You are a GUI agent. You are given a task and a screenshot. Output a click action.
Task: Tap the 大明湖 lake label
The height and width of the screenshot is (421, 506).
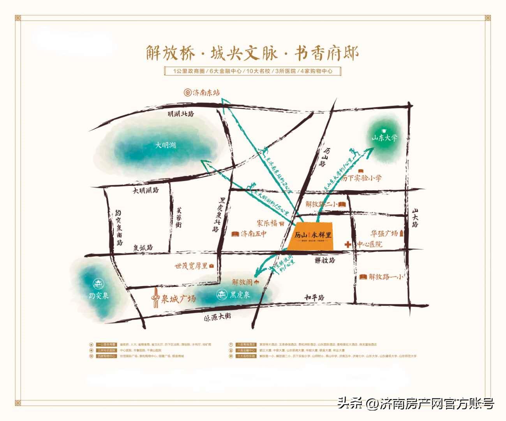(x=166, y=145)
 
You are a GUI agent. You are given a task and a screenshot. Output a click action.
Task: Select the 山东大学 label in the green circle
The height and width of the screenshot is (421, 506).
(x=384, y=138)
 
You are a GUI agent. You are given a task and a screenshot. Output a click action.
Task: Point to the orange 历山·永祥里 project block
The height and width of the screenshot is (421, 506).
(x=313, y=236)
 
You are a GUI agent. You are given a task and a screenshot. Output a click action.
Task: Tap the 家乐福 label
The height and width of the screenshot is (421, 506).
(x=267, y=223)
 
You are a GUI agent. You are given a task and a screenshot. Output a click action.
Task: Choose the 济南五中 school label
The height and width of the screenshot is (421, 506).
(x=253, y=234)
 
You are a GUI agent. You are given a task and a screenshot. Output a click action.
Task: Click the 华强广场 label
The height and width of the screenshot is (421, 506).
(x=384, y=233)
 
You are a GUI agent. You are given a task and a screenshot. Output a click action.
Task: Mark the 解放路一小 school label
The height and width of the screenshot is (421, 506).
(x=386, y=277)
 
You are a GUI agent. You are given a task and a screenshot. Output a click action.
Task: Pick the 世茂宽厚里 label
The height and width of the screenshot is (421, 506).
(x=191, y=266)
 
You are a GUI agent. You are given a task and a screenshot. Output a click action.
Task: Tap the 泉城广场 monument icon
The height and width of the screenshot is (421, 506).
(x=156, y=298)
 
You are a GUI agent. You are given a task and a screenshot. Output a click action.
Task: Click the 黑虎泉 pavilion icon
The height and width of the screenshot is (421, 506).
(x=222, y=295)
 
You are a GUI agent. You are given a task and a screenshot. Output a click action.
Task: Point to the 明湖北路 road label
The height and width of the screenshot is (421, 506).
(x=181, y=114)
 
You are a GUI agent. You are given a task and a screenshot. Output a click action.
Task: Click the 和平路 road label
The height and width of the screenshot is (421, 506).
(x=315, y=297)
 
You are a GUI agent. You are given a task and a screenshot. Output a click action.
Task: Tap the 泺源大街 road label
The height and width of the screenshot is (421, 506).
(x=217, y=317)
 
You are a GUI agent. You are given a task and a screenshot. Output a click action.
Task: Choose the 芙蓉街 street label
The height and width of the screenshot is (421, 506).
(x=178, y=217)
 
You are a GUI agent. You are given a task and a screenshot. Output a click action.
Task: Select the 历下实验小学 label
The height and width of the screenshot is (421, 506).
(x=362, y=179)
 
